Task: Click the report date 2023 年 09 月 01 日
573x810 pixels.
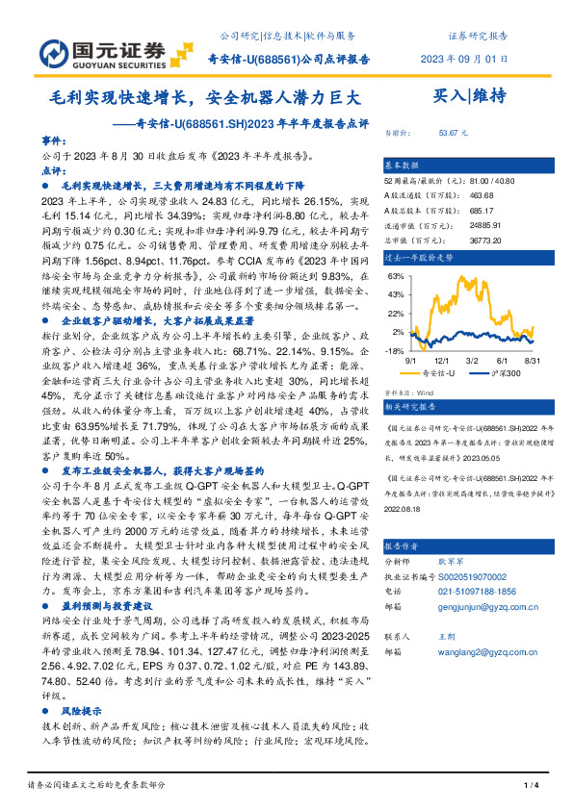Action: click(x=464, y=59)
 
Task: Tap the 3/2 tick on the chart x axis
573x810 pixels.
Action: click(x=475, y=361)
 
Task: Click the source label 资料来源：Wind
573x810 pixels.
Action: click(x=409, y=393)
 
